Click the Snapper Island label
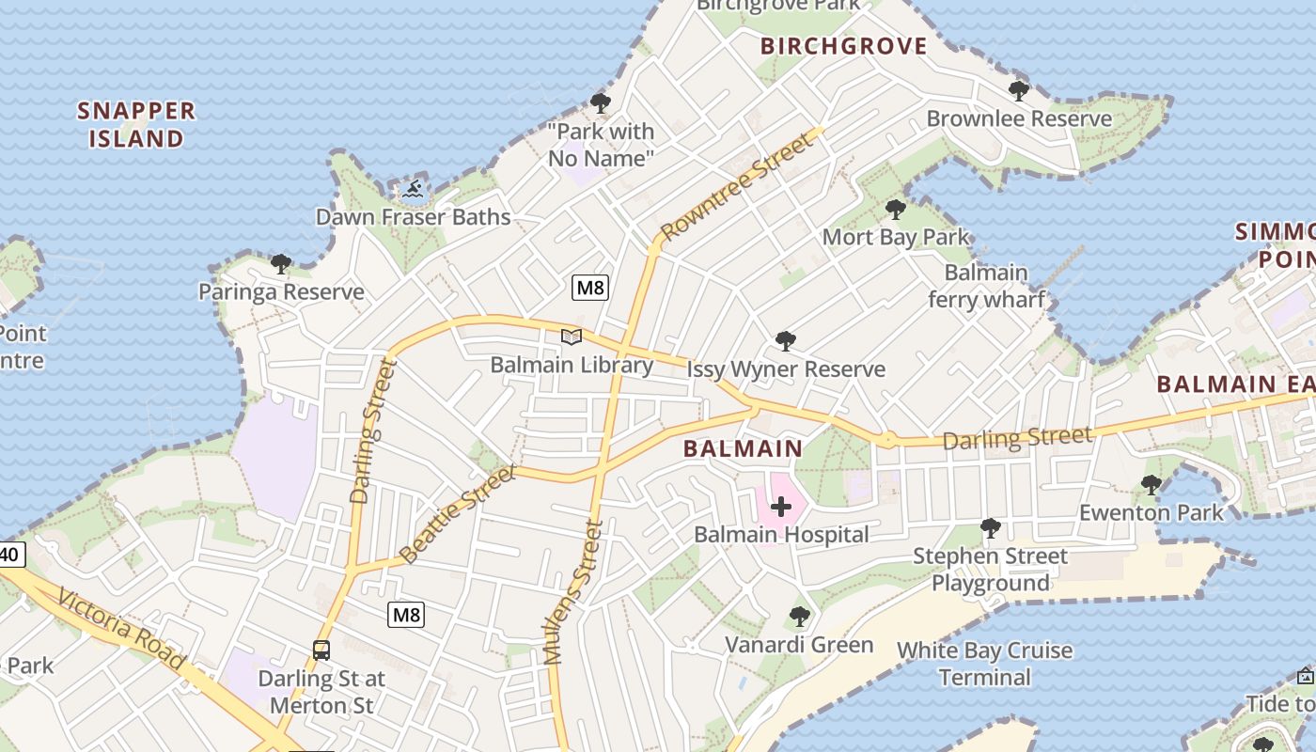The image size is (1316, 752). click(x=136, y=124)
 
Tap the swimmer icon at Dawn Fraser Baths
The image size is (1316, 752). click(x=413, y=189)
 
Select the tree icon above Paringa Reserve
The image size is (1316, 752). click(x=280, y=264)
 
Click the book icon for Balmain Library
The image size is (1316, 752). click(x=572, y=337)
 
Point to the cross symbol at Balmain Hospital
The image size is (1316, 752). click(x=781, y=508)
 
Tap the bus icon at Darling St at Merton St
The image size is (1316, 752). click(x=321, y=650)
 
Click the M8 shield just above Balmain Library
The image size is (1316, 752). click(x=590, y=287)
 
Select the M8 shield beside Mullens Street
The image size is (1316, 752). click(x=406, y=615)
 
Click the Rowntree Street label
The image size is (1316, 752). click(x=735, y=186)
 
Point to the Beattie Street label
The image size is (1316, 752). click(x=458, y=515)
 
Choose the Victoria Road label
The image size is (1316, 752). click(x=119, y=629)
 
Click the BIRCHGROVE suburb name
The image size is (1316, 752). click(x=843, y=46)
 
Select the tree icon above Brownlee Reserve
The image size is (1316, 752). click(x=1018, y=91)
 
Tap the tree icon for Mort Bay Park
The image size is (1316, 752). click(x=895, y=210)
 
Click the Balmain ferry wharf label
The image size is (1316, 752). click(x=986, y=286)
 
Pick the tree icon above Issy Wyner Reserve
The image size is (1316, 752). click(x=785, y=341)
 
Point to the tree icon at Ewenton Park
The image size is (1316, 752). click(x=1151, y=485)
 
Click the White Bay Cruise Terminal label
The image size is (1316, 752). click(x=984, y=664)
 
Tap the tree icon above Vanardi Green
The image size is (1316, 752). click(x=799, y=617)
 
